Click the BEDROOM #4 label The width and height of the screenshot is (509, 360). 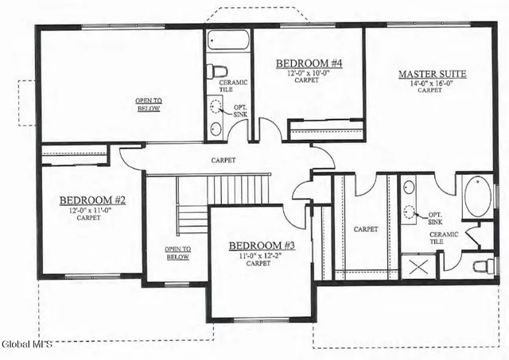click(309, 64)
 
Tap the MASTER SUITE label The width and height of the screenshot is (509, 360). click(432, 75)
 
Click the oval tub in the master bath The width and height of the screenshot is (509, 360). click(477, 195)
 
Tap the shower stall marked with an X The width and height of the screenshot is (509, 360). click(418, 265)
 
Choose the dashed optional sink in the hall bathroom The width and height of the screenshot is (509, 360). click(216, 107)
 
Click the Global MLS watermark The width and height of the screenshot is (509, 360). click(26, 344)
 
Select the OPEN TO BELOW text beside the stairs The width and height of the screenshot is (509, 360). click(177, 253)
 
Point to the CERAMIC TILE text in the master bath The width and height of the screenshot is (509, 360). click(443, 238)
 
